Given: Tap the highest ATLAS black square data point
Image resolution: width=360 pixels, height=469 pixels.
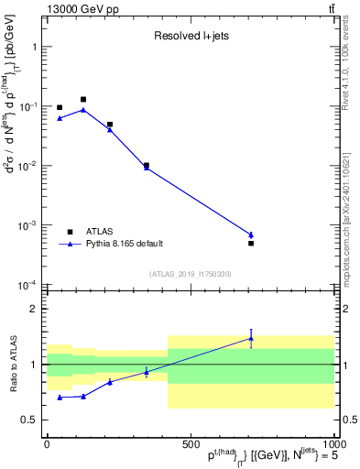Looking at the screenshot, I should click(x=83, y=99).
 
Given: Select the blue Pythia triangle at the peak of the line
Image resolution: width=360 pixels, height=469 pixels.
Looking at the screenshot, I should click(x=83, y=109).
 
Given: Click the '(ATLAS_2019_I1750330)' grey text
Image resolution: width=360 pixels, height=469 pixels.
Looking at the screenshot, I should click(x=190, y=274).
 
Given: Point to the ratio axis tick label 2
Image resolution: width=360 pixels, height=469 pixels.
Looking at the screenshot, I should click(x=34, y=309).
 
